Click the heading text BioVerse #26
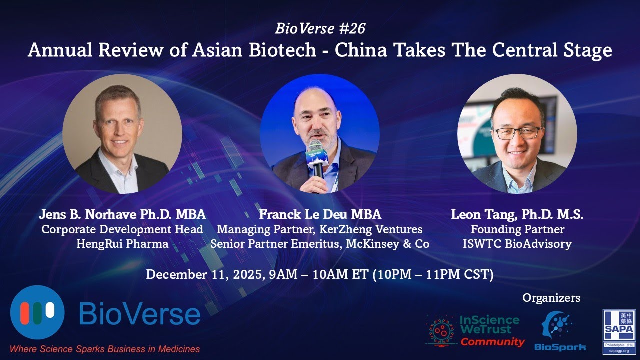(320, 29)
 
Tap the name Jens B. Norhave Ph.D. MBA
(122, 215)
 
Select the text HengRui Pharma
(122, 244)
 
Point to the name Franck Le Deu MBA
(320, 215)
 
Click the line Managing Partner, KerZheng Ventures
(320, 230)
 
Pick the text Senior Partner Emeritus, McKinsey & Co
(320, 244)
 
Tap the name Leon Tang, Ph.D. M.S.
(517, 215)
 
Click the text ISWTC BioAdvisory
(517, 244)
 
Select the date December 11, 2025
(203, 275)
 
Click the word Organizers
(551, 298)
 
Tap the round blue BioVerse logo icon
(37, 312)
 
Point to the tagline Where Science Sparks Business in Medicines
(105, 349)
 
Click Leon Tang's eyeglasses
(517, 133)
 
